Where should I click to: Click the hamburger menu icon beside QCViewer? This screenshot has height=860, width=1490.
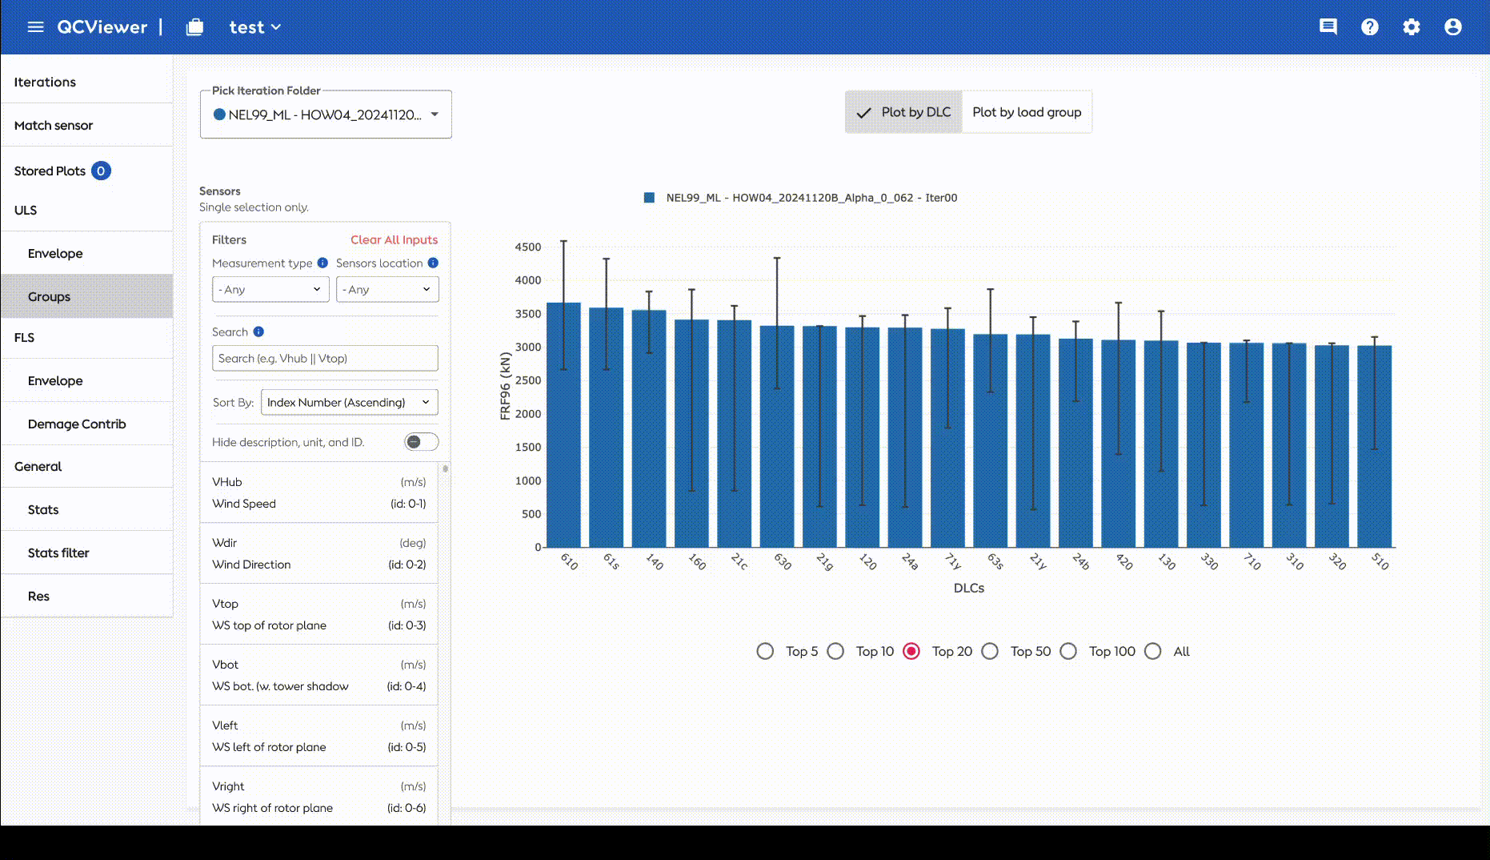click(x=35, y=27)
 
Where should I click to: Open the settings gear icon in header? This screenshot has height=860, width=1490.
click(x=1412, y=27)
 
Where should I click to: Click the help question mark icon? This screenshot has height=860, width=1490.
click(x=1370, y=27)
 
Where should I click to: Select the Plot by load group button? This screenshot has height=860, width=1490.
click(x=1027, y=112)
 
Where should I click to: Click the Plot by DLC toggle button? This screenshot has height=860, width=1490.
click(x=904, y=112)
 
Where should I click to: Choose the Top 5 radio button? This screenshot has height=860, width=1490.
click(x=765, y=651)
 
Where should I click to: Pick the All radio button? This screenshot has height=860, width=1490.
click(x=1152, y=651)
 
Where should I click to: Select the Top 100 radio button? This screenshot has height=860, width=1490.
click(x=1068, y=651)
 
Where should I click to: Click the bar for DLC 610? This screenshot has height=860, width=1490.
click(x=563, y=425)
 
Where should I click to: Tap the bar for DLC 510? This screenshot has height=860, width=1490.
click(x=1375, y=447)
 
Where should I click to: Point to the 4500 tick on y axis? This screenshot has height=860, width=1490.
click(x=528, y=247)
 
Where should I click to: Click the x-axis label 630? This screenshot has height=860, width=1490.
click(x=783, y=561)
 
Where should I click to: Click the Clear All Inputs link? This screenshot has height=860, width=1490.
click(x=394, y=239)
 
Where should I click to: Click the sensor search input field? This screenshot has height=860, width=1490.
click(x=325, y=358)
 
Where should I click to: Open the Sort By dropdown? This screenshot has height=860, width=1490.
click(x=350, y=402)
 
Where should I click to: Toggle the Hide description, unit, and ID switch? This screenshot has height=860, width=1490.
click(x=421, y=442)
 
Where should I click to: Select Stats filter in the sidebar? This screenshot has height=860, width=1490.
click(x=58, y=553)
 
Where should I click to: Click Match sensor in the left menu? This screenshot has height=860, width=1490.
click(x=54, y=125)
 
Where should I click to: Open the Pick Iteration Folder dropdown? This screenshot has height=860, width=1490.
click(x=326, y=115)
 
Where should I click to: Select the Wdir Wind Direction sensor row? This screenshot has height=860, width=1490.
click(x=318, y=553)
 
